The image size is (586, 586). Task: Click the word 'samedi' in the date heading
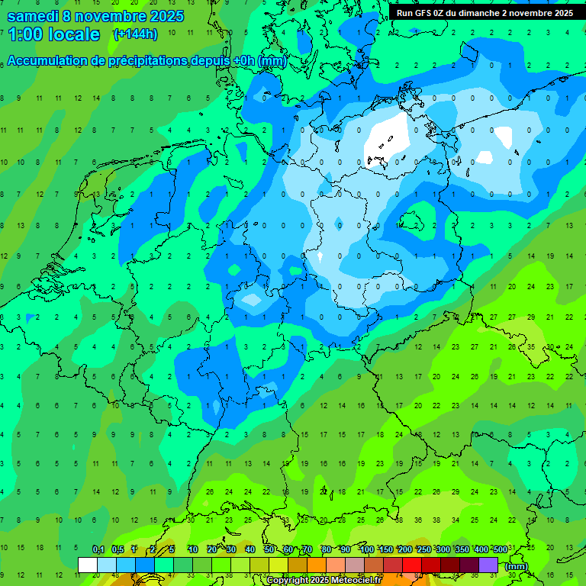(x=31, y=16)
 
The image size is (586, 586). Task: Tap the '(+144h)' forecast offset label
(x=135, y=34)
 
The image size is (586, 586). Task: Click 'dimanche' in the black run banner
(x=488, y=13)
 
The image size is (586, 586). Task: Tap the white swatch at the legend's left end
(x=88, y=565)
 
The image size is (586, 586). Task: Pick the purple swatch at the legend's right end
(x=489, y=565)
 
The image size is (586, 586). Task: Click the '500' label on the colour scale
(x=500, y=549)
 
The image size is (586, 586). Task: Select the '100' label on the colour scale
(x=367, y=549)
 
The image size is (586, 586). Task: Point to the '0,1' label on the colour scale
(x=98, y=549)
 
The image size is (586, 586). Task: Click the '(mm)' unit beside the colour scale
(x=517, y=566)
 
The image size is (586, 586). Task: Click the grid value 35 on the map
(x=532, y=346)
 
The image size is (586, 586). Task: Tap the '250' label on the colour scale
(x=423, y=549)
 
